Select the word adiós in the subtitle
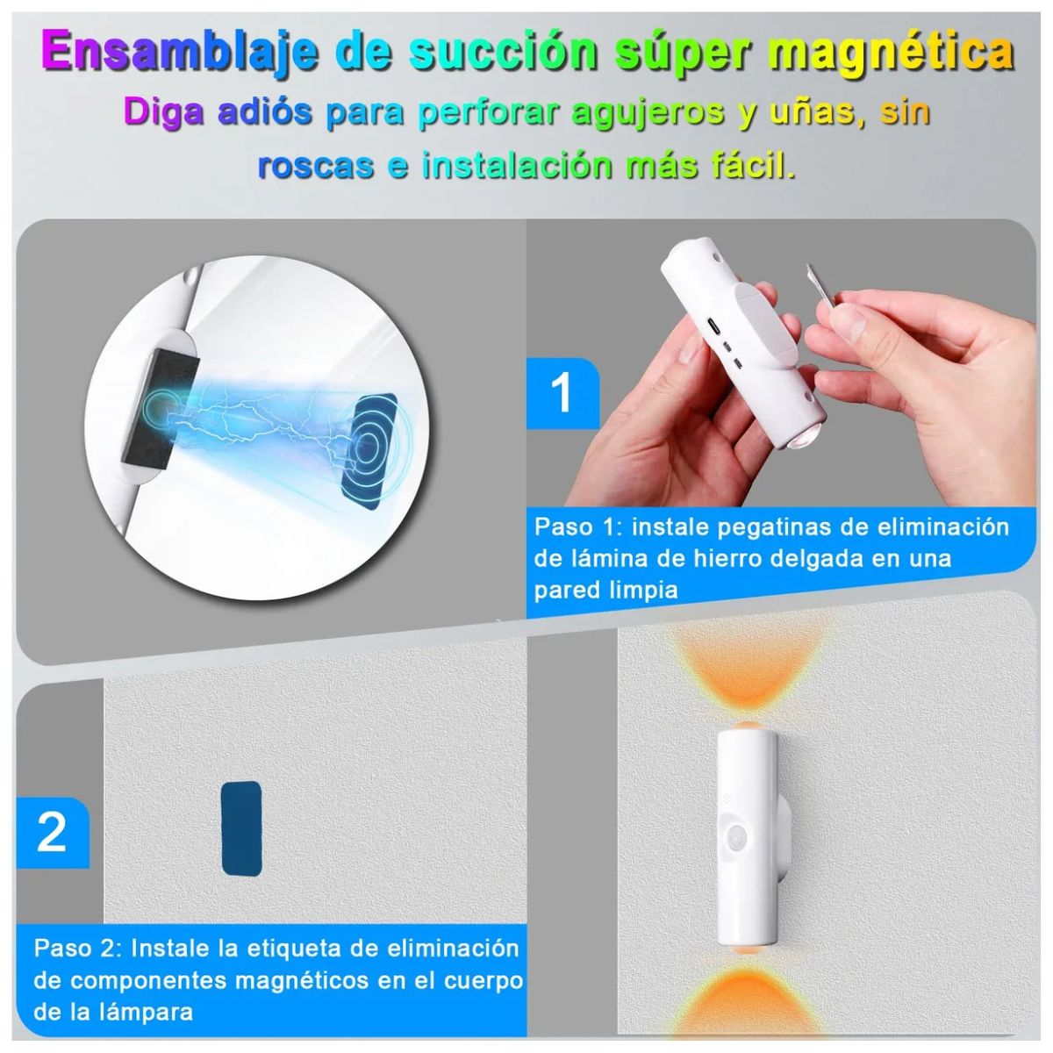264,112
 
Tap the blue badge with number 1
562,393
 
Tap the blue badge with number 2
52,833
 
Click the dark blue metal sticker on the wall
241,828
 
